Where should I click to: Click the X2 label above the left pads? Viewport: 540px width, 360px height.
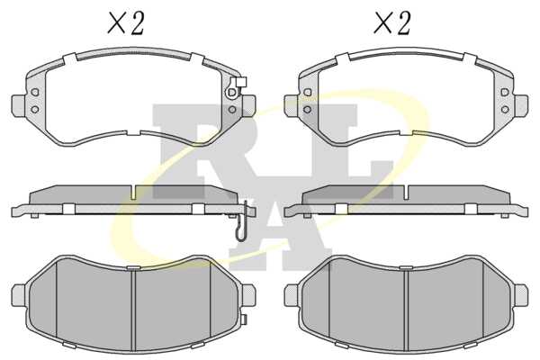(x=126, y=22)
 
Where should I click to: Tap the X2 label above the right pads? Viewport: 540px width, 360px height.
(x=392, y=22)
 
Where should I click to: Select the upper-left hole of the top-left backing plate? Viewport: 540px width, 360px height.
(x=35, y=93)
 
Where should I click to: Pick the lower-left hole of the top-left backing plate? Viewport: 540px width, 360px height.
(x=35, y=110)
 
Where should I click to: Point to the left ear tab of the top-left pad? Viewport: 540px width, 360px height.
(x=19, y=105)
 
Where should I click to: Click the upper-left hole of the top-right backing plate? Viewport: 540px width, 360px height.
(x=308, y=93)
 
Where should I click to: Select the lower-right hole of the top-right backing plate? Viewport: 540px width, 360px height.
(x=505, y=110)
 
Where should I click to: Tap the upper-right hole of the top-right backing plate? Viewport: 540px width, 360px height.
(x=505, y=93)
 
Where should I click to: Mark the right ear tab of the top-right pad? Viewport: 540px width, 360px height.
(x=521, y=105)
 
